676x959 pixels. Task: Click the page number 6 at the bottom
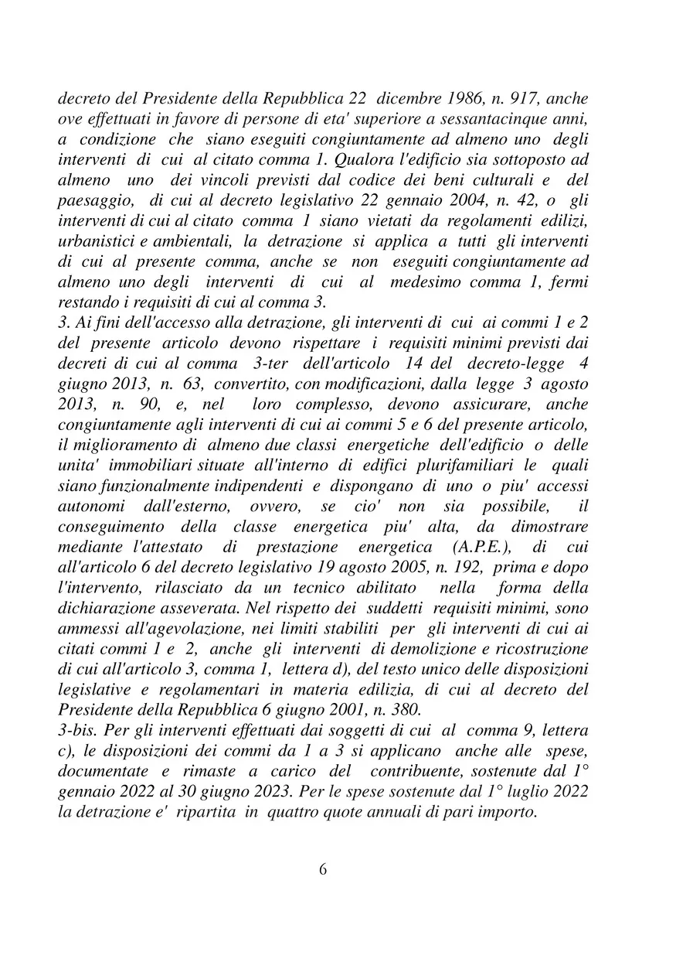tap(323, 869)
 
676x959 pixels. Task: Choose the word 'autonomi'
tap(89, 506)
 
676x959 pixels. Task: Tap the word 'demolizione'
tap(423, 648)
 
